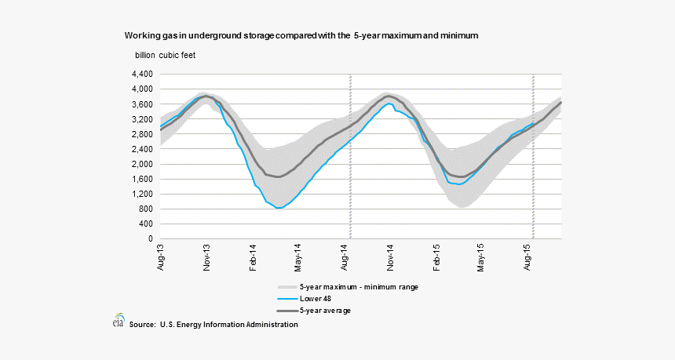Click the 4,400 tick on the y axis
142,74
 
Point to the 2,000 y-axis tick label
142,164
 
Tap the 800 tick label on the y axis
146,209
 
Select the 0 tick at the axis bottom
151,238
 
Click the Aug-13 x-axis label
161,257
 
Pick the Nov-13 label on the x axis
207,257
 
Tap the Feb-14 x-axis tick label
254,257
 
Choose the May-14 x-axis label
299,257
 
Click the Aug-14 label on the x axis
345,257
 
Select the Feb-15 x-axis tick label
437,257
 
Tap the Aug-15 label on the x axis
529,257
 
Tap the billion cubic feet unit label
166,54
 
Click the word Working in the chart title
141,36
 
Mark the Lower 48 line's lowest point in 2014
279,208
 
